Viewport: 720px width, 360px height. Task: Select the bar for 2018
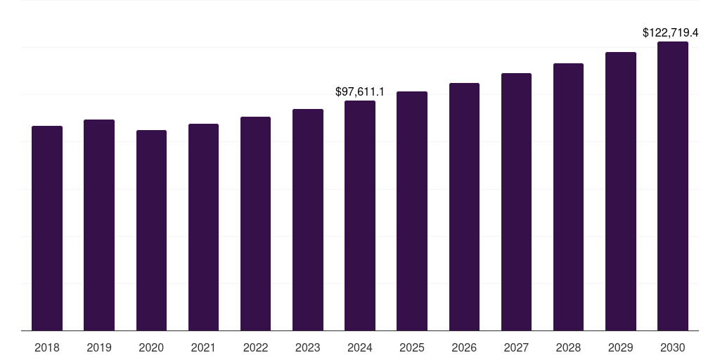pyautogui.click(x=47, y=229)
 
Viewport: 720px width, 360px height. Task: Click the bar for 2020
pyautogui.click(x=151, y=231)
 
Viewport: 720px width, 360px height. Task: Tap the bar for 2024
pyautogui.click(x=360, y=216)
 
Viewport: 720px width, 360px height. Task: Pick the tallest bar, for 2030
pyautogui.click(x=673, y=186)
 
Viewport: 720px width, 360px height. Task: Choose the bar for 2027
pyautogui.click(x=516, y=202)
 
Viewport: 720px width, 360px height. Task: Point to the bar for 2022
pyautogui.click(x=255, y=224)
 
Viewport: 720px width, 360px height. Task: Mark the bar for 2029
pyautogui.click(x=621, y=191)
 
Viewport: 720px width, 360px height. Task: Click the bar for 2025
pyautogui.click(x=412, y=211)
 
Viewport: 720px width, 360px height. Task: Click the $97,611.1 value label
pyautogui.click(x=360, y=92)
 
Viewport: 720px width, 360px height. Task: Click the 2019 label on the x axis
pyautogui.click(x=99, y=347)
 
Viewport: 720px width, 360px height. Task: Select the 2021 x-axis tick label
pyautogui.click(x=203, y=347)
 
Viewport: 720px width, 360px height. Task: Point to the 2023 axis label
pyautogui.click(x=308, y=347)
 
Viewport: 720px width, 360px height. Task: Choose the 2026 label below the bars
pyautogui.click(x=464, y=347)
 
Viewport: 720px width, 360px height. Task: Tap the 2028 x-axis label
pyautogui.click(x=568, y=347)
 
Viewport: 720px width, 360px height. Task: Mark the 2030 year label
pyautogui.click(x=673, y=347)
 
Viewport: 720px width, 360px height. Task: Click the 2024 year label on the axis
pyautogui.click(x=360, y=347)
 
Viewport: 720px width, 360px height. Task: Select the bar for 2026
pyautogui.click(x=464, y=207)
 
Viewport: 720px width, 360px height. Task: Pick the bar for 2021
pyautogui.click(x=203, y=227)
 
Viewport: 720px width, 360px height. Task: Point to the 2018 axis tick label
pyautogui.click(x=47, y=347)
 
